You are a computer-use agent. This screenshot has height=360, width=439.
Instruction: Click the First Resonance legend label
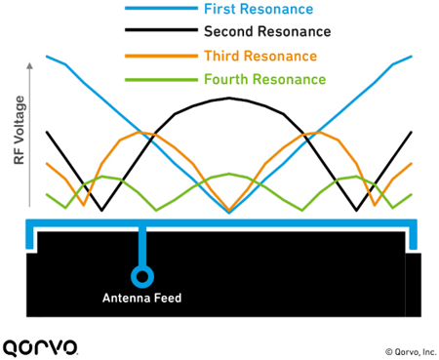tap(259, 9)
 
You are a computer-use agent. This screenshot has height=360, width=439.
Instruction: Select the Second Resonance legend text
tap(267, 31)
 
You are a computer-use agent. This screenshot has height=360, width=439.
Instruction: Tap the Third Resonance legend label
tap(260, 56)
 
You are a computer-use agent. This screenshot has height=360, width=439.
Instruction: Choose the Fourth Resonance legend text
tap(265, 79)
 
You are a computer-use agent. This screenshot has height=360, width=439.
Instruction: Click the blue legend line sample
tap(161, 9)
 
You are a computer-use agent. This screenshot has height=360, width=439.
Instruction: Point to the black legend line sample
tap(161, 30)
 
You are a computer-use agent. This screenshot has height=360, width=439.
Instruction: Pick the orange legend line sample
tap(161, 56)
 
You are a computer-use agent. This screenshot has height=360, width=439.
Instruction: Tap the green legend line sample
tap(161, 80)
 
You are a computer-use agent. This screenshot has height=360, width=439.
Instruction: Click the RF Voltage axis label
tap(20, 130)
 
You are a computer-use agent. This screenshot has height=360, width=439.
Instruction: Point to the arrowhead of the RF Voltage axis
tap(29, 65)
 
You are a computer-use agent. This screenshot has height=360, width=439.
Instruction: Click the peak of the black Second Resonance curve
tap(229, 98)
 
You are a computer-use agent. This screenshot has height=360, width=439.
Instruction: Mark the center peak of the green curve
tap(229, 174)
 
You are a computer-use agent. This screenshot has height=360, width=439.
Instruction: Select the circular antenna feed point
tap(142, 276)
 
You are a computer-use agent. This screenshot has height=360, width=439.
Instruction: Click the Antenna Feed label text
tap(142, 298)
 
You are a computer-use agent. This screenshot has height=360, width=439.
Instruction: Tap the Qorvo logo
tap(40, 348)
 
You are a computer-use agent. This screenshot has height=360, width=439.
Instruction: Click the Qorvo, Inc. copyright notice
tap(411, 352)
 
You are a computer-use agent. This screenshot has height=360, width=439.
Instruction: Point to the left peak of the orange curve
tap(140, 132)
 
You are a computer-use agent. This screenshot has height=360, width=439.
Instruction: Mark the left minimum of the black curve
tap(101, 211)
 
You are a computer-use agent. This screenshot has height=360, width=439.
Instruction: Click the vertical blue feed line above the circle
tap(142, 246)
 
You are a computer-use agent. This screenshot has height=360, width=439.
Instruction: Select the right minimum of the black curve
tap(357, 211)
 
